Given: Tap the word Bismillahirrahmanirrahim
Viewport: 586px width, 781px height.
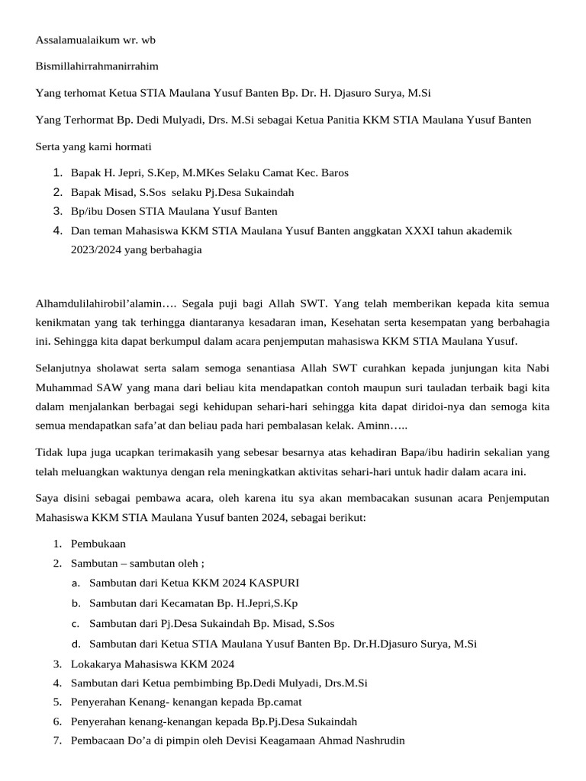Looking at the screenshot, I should [x=97, y=66].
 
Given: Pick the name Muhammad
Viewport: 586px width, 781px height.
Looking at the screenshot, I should [x=63, y=387].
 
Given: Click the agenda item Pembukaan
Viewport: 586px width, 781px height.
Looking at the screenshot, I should [x=98, y=544].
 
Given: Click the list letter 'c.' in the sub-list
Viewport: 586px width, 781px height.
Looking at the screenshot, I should [x=76, y=623].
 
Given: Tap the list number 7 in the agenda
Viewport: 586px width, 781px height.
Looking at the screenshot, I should [x=57, y=740].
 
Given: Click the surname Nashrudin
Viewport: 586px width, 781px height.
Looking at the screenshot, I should [x=375, y=740].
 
